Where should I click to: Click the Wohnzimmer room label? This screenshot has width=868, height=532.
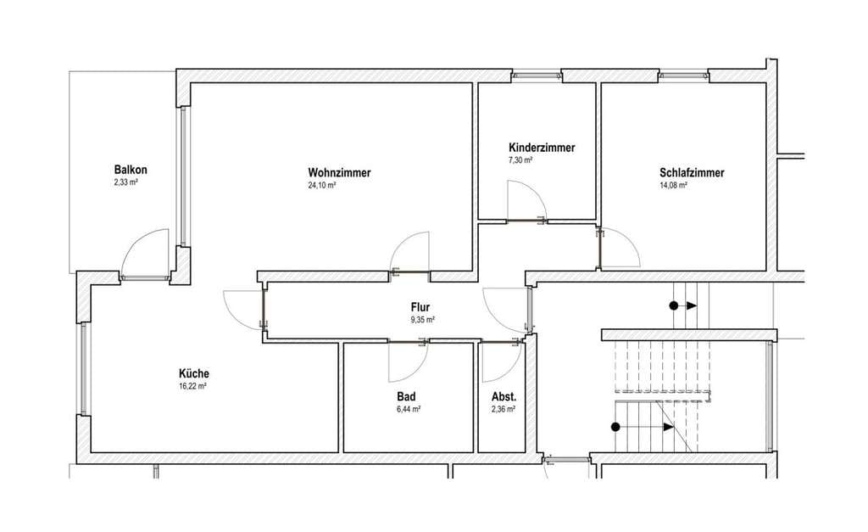click(339, 172)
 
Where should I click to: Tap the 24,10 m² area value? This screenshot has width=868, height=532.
click(322, 186)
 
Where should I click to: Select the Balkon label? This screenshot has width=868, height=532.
click(131, 169)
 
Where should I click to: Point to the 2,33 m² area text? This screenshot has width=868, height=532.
click(125, 182)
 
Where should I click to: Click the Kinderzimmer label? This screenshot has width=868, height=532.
click(542, 148)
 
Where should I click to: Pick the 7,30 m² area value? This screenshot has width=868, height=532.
click(520, 160)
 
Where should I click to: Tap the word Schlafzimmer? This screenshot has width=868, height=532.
click(692, 172)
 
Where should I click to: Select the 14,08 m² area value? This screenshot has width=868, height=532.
click(673, 186)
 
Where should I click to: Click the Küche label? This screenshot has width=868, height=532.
click(194, 373)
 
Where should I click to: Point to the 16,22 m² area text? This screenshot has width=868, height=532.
click(192, 386)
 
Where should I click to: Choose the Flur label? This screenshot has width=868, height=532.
click(420, 307)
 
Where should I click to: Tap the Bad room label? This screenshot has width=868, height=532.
click(406, 397)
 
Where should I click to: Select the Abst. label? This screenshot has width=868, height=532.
click(504, 397)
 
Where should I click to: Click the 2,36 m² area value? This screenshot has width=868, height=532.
click(504, 410)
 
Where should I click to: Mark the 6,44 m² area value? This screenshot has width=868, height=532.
click(408, 410)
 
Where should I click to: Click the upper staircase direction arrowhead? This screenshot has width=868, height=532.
click(692, 305)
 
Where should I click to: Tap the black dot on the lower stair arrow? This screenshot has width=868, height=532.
click(615, 427)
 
